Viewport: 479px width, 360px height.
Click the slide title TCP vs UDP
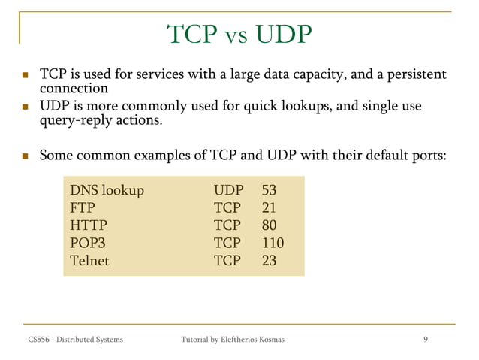tap(239, 34)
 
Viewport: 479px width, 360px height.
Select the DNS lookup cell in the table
tap(106, 189)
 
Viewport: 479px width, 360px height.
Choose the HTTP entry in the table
tap(88, 225)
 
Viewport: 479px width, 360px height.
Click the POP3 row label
tap(86, 244)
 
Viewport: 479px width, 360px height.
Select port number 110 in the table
tap(273, 244)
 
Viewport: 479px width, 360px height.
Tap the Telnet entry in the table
tap(89, 262)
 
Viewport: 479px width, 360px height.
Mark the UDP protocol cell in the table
tap(228, 189)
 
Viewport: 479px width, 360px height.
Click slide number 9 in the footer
tap(426, 340)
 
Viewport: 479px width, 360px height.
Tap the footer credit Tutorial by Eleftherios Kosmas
tap(233, 341)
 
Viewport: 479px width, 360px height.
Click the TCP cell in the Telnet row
tap(227, 262)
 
